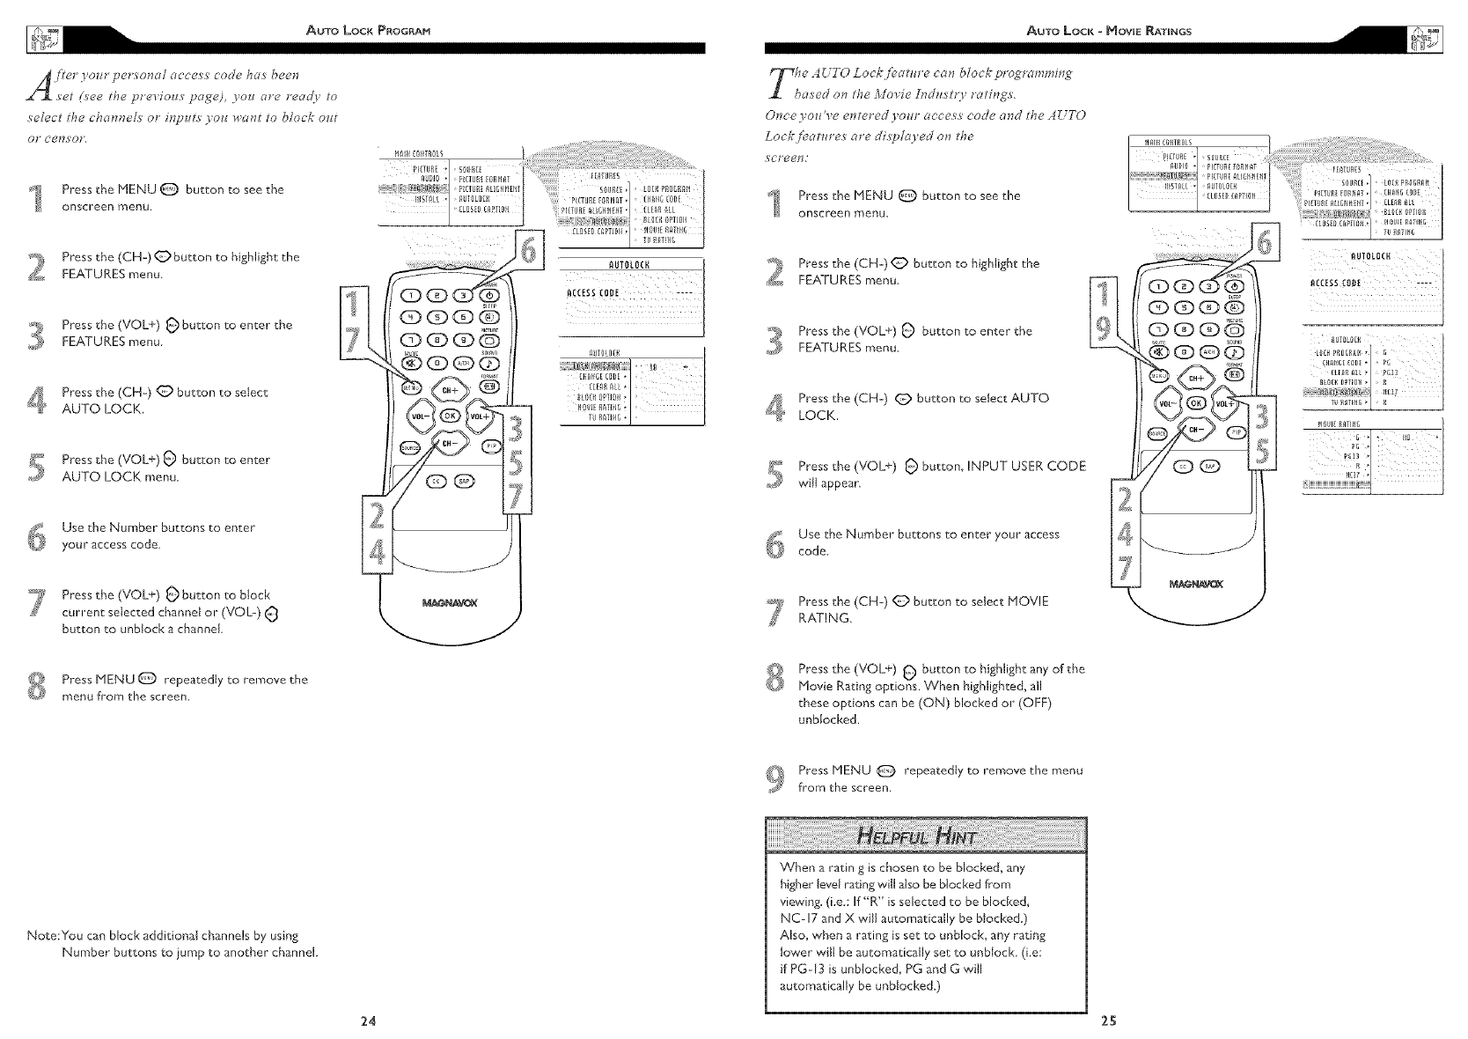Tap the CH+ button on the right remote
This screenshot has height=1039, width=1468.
(1195, 378)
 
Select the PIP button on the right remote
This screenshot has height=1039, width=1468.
(1236, 432)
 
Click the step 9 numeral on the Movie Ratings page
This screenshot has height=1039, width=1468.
(774, 778)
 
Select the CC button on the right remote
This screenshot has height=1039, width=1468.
(1185, 467)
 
